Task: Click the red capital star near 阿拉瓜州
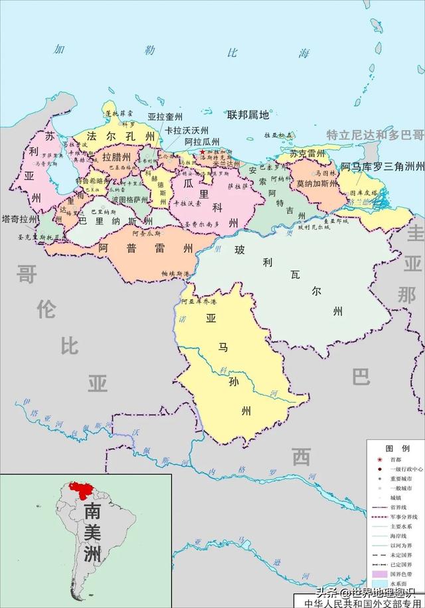click(202, 152)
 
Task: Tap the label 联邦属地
click(248, 115)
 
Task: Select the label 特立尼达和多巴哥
click(375, 135)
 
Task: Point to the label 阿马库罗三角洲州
click(382, 167)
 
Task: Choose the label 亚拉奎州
click(165, 116)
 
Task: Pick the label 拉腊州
click(116, 157)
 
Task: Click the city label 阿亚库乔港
click(199, 301)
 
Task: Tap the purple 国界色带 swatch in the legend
click(379, 572)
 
